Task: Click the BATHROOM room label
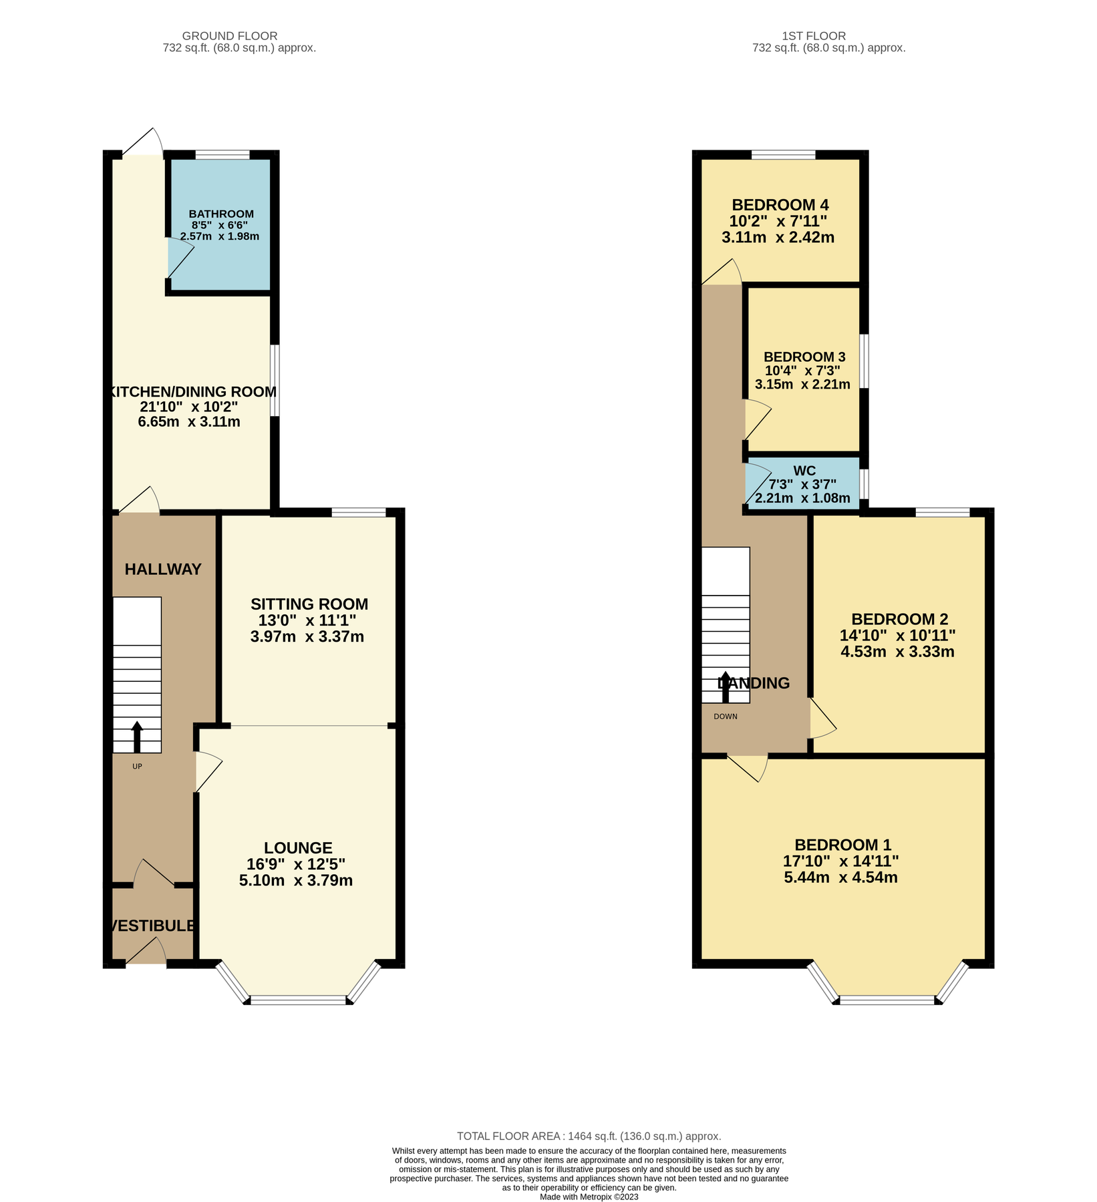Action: [221, 214]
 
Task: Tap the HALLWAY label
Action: [163, 570]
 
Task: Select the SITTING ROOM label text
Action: [309, 604]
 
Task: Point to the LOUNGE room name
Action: [298, 848]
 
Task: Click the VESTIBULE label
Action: [153, 926]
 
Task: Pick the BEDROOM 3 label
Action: [804, 357]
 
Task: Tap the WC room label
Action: [804, 471]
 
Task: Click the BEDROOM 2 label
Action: [899, 619]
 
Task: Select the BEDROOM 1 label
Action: [842, 845]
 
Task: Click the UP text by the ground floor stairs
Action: [137, 767]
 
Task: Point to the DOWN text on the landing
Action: [726, 717]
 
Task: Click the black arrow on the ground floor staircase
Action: [137, 737]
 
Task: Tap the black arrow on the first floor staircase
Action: [726, 686]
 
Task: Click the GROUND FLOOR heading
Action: [230, 36]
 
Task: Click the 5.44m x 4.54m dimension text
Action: [840, 877]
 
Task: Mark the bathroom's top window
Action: [222, 156]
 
